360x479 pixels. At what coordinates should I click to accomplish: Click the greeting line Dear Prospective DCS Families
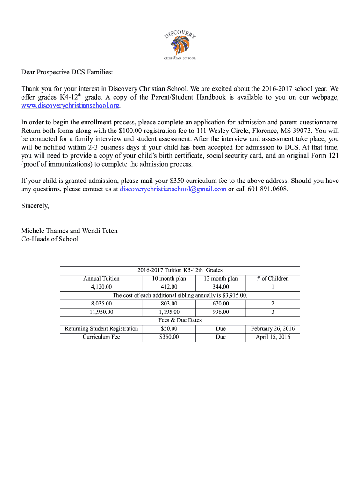[67, 73]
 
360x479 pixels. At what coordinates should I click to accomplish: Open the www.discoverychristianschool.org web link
[71, 106]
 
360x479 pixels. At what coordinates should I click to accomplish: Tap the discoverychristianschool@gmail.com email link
[173, 189]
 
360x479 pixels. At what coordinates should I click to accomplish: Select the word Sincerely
[35, 205]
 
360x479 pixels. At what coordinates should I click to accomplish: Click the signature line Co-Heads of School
[50, 239]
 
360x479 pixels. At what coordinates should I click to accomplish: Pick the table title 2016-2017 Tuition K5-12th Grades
[180, 270]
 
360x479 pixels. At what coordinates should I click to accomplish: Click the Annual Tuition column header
[101, 278]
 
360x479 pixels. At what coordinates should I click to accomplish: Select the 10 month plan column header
[169, 278]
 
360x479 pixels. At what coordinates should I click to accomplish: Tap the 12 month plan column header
[221, 278]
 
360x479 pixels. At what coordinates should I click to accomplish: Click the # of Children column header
[273, 278]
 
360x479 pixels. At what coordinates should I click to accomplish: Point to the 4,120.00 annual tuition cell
[101, 287]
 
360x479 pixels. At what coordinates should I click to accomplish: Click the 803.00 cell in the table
[169, 304]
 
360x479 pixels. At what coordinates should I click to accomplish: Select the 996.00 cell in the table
[221, 312]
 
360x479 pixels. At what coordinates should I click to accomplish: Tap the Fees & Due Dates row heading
[180, 320]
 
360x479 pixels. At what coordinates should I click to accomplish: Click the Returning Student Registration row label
[101, 329]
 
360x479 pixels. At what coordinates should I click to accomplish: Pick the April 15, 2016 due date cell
[273, 337]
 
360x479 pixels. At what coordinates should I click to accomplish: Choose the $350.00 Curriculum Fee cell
[169, 337]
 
